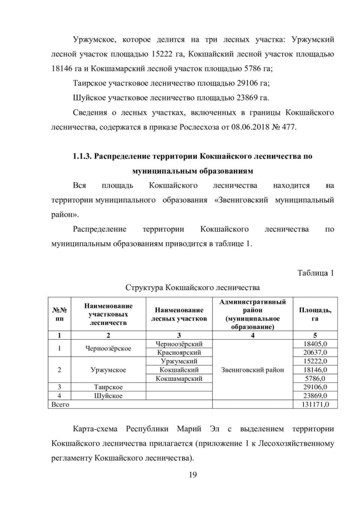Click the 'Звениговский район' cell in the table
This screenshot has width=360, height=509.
(x=248, y=370)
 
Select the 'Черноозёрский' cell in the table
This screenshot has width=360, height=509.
(x=178, y=344)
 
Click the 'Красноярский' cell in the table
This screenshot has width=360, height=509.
(x=178, y=352)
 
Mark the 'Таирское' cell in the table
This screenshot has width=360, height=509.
(x=108, y=387)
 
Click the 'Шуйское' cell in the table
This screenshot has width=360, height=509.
(x=108, y=395)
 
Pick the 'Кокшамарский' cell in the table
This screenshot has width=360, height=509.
(x=178, y=379)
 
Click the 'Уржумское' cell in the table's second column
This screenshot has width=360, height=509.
(x=108, y=370)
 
